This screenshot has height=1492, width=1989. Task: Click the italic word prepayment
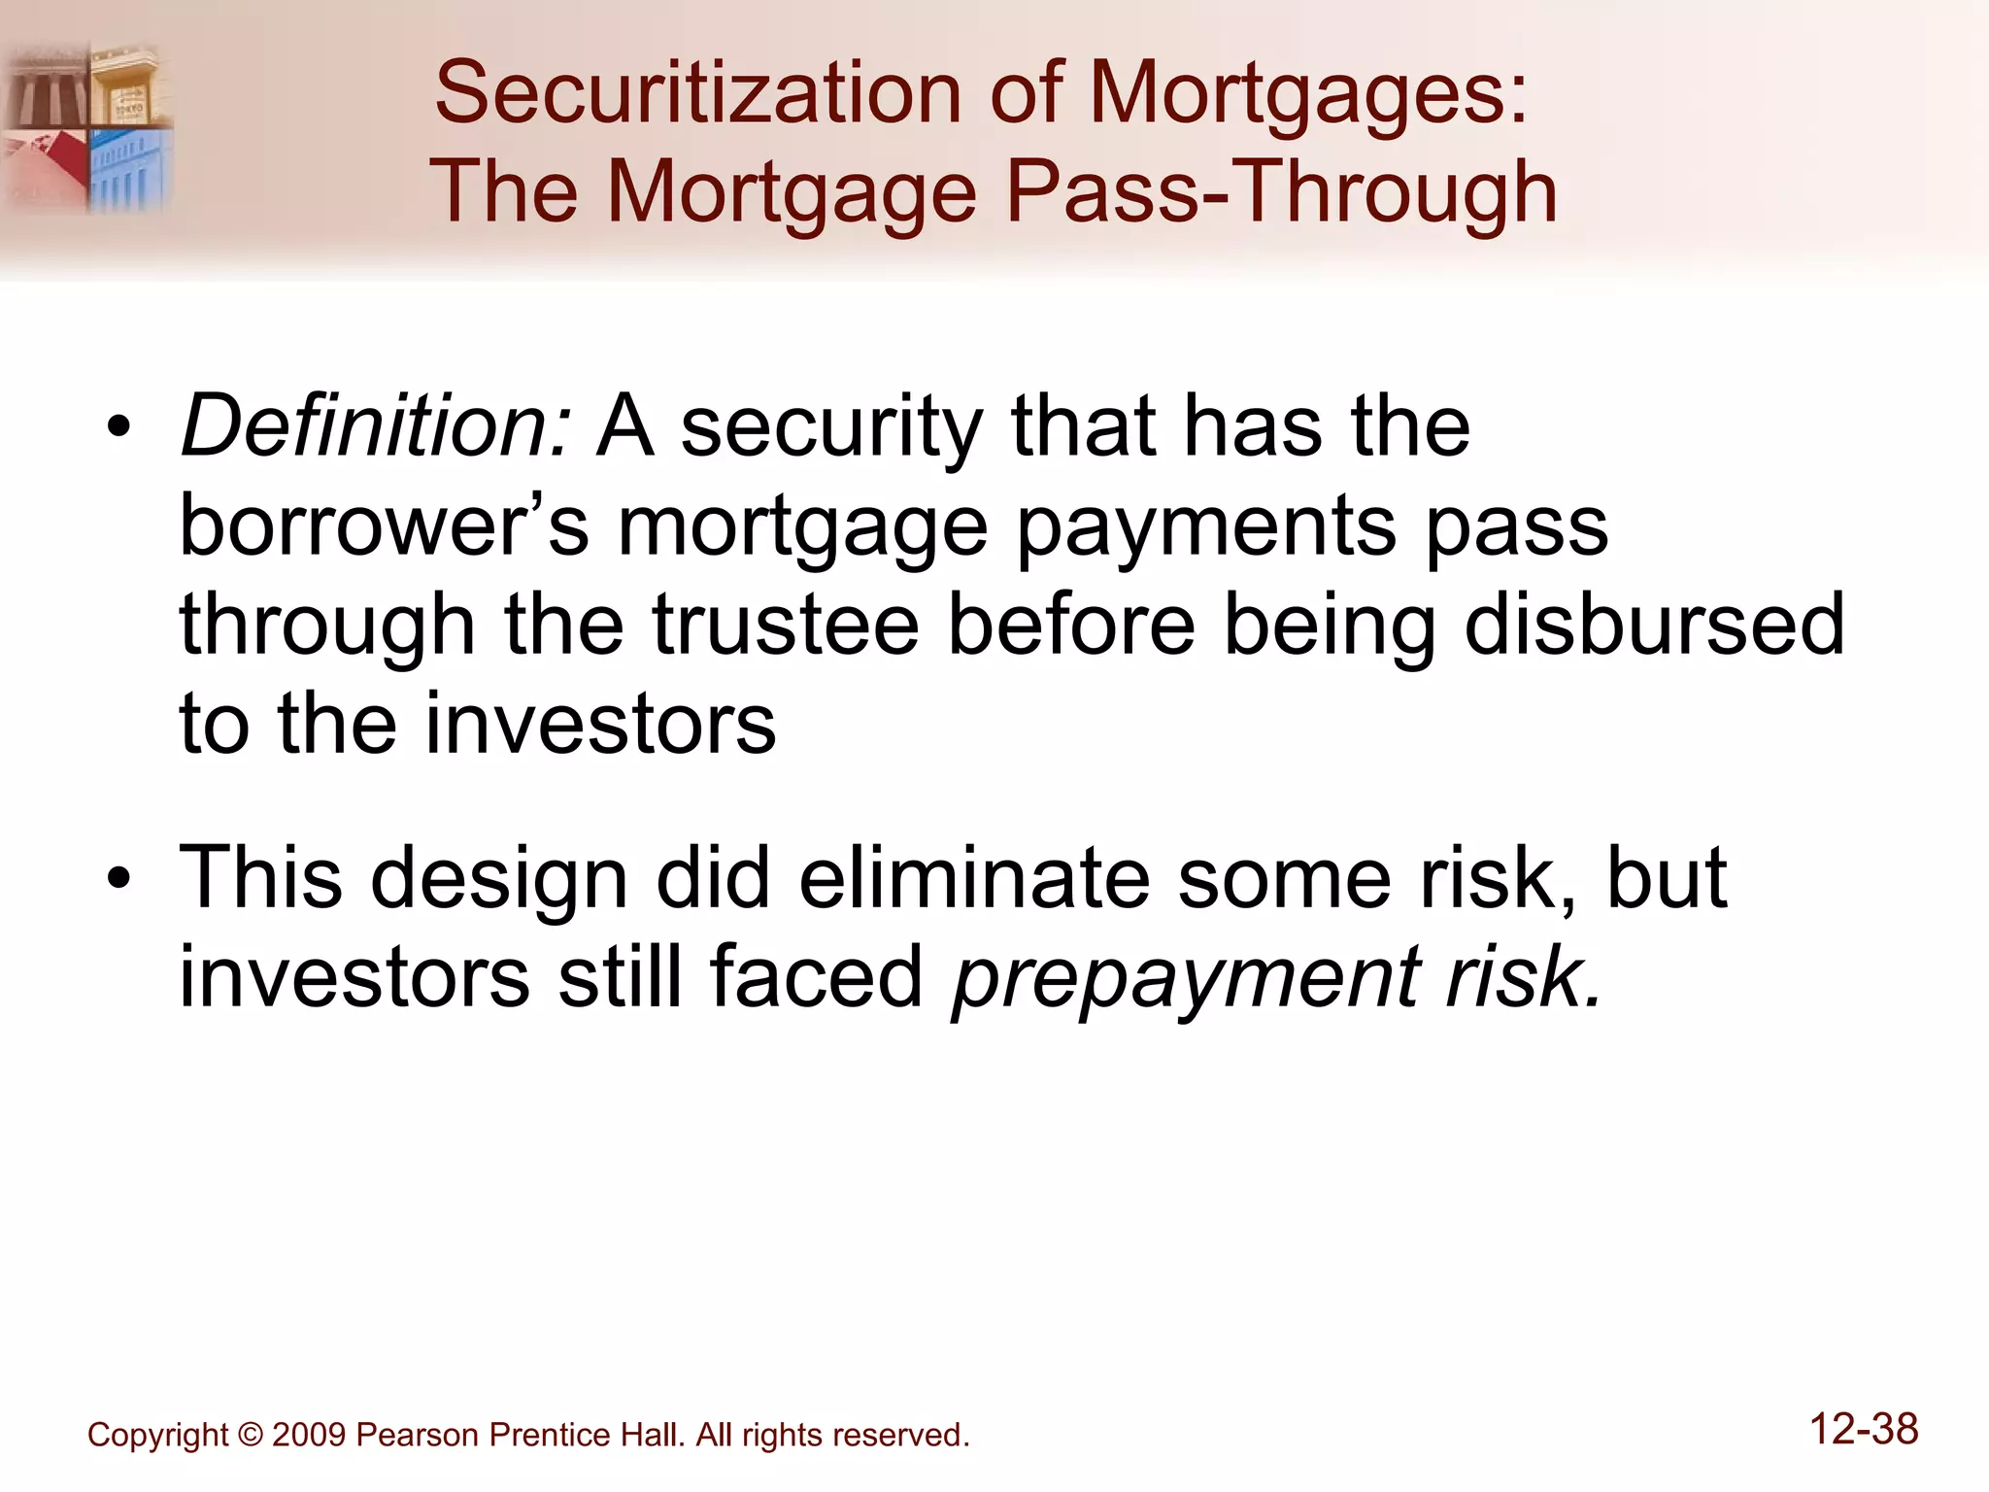[1186, 979]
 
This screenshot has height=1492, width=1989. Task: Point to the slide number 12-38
[1864, 1430]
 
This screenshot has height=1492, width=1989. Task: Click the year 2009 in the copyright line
[309, 1435]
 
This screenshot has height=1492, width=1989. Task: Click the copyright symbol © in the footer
[250, 1435]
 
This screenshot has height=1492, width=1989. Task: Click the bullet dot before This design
[118, 879]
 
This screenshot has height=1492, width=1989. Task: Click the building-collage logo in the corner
[87, 127]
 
